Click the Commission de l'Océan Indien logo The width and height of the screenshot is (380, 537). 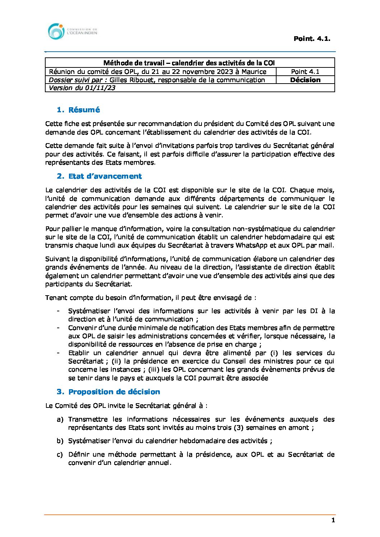pos(72,32)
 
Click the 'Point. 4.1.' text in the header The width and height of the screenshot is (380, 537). pos(312,39)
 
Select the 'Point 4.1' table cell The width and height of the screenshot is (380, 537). pos(305,72)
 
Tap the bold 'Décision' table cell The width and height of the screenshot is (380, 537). pos(305,80)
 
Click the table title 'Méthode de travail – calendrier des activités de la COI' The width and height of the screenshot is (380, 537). pos(189,63)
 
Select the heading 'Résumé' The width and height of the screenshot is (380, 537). pos(84,110)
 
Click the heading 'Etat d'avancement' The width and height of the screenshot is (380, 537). pos(105,176)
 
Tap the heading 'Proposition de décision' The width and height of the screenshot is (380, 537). pos(114,392)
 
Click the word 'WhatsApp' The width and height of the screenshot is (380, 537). pos(252,245)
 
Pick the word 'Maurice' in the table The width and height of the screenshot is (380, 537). pos(254,72)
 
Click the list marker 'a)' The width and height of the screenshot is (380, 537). pos(60,419)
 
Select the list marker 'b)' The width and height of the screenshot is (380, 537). pos(60,441)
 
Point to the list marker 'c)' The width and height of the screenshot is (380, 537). pos(60,454)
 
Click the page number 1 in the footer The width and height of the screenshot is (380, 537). pos(333,520)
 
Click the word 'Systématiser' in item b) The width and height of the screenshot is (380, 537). pos(89,441)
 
